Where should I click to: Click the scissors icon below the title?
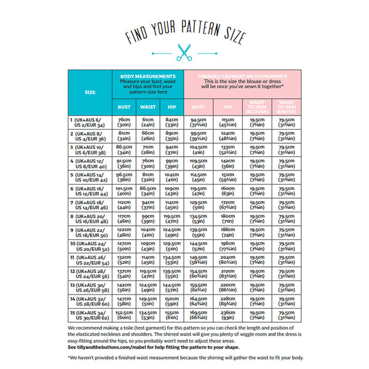tap(184, 52)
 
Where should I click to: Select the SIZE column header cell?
tap(90, 92)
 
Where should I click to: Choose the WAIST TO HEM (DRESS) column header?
tap(286, 106)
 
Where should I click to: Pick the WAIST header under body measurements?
tap(148, 106)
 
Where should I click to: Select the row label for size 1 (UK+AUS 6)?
tap(89, 122)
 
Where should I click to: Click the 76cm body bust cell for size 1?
tap(124, 122)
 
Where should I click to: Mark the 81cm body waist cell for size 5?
tap(148, 177)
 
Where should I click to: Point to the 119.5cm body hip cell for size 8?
tap(172, 218)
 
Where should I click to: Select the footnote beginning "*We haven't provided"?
tap(184, 357)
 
